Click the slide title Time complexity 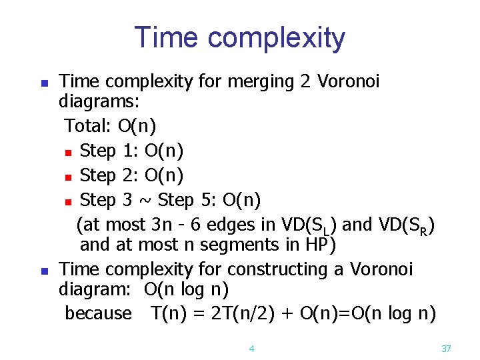coord(240,38)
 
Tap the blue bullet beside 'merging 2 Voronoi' coord(44,84)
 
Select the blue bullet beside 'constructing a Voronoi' coord(44,271)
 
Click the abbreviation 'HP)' coord(318,245)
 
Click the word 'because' coord(99,313)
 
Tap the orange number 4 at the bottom coord(251,348)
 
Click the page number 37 coord(447,348)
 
